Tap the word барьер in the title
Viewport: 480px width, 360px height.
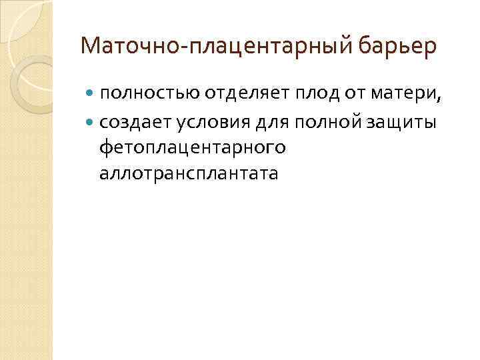pos(397,46)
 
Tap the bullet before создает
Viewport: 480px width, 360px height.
pos(91,123)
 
